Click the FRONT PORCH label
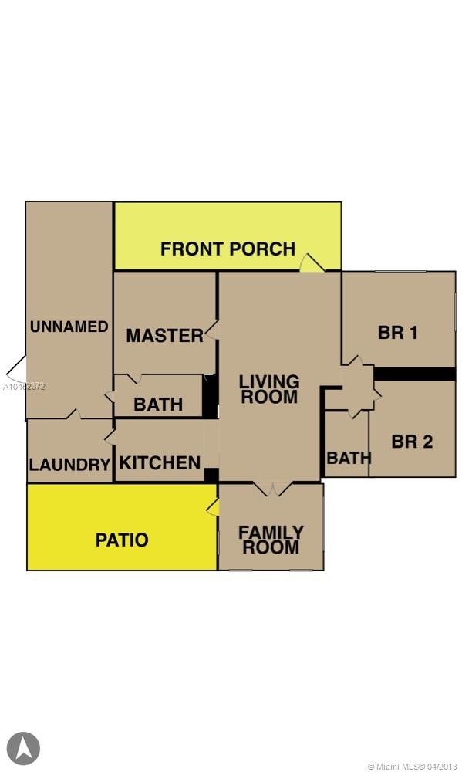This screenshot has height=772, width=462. click(228, 249)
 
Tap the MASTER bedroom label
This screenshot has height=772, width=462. click(164, 335)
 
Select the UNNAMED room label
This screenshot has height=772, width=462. click(69, 327)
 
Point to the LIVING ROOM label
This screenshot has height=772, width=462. click(269, 389)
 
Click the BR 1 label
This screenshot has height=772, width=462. click(398, 332)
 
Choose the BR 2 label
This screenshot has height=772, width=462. click(413, 442)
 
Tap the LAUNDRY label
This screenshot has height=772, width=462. click(69, 464)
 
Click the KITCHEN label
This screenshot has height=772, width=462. click(160, 462)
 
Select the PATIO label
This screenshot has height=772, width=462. click(122, 540)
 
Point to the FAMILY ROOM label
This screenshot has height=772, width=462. click(271, 540)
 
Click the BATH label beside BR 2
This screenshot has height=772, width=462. click(349, 458)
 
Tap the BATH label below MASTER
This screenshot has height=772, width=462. click(158, 405)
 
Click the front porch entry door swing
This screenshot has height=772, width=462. click(312, 262)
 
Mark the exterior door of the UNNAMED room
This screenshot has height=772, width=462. click(16, 368)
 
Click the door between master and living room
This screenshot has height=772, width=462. click(211, 330)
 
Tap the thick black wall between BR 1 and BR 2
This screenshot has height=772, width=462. click(415, 374)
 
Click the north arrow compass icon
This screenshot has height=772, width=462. click(23, 748)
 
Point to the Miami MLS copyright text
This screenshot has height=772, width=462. click(413, 766)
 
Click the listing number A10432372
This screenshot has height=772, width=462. click(25, 387)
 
